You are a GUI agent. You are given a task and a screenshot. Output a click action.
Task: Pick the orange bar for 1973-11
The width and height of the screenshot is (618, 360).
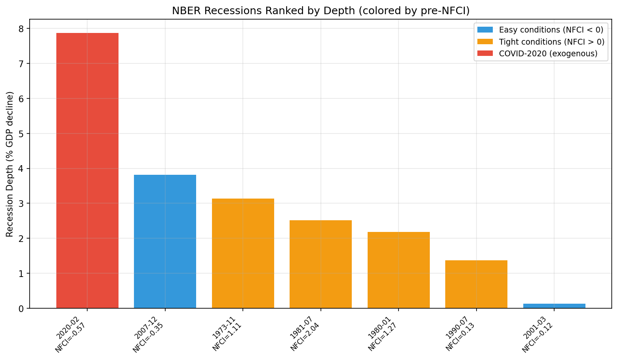click(x=243, y=253)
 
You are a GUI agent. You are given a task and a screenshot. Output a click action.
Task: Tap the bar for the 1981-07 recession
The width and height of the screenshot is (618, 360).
click(x=320, y=264)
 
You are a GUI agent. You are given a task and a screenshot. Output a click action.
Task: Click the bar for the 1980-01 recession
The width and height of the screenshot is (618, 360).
click(x=399, y=270)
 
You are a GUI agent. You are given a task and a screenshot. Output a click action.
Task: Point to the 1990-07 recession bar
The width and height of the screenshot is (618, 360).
click(x=476, y=284)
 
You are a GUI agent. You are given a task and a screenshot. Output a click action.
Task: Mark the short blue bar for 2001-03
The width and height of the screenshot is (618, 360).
click(x=554, y=306)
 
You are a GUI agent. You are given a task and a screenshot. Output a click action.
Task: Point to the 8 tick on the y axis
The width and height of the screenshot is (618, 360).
click(x=21, y=29)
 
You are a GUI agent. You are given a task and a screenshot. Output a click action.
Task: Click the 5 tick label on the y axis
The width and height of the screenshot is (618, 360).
click(x=21, y=134)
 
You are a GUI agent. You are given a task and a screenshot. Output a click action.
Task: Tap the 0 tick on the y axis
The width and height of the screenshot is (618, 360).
click(x=21, y=309)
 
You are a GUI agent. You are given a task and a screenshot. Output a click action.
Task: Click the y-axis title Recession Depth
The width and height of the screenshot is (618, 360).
click(x=10, y=164)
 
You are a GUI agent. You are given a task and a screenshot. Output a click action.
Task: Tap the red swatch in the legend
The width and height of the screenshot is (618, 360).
click(x=485, y=53)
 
